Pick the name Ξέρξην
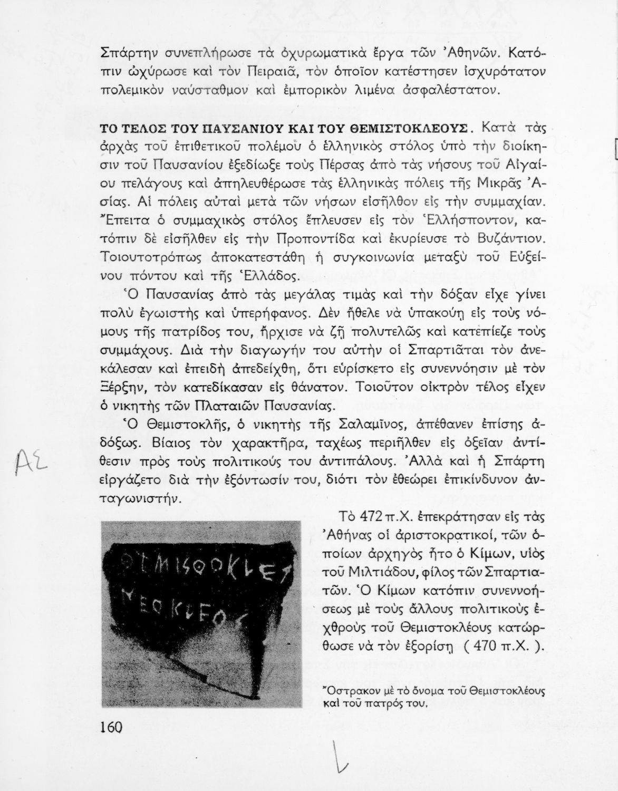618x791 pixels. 120,388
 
